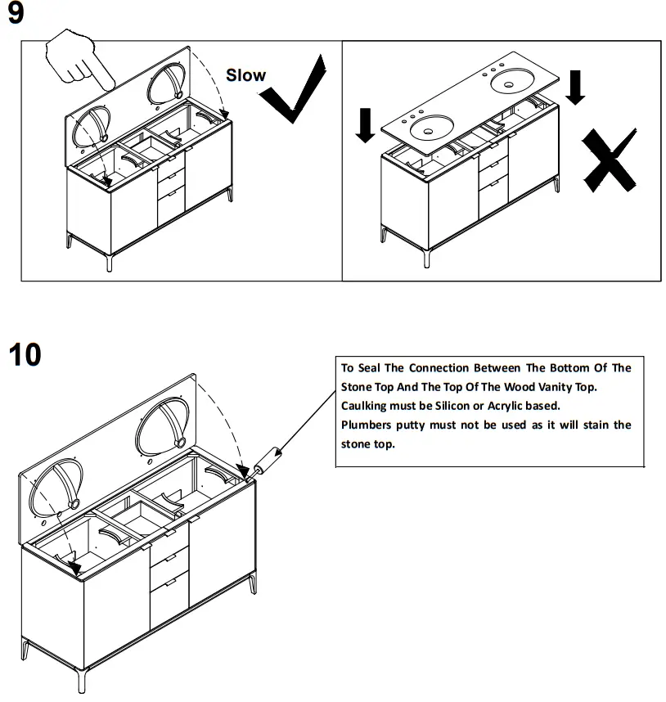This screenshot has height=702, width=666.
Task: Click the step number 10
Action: [x=25, y=355]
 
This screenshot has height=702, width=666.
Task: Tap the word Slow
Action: [x=245, y=75]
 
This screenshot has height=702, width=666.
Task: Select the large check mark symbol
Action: [x=295, y=90]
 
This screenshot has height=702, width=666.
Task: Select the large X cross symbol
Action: [x=609, y=160]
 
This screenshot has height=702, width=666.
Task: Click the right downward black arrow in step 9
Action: [x=576, y=87]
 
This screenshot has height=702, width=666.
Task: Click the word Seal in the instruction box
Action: [x=376, y=368]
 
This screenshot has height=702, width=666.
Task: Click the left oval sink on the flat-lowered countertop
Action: [x=431, y=127]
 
